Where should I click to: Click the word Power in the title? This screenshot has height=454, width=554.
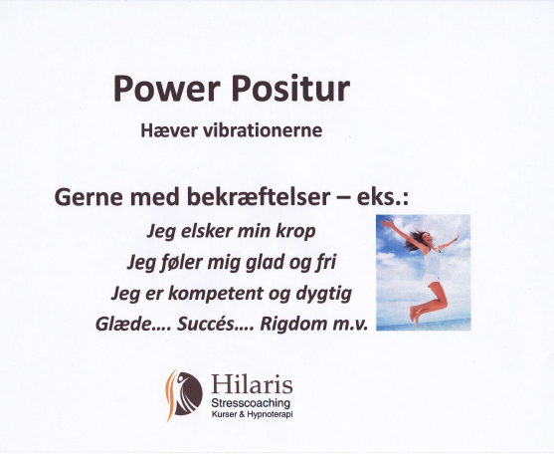tap(167, 88)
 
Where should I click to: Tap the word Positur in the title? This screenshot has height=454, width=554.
tap(290, 88)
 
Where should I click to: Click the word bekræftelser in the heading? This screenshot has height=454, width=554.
tap(259, 197)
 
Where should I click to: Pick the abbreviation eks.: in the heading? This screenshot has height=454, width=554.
tap(383, 197)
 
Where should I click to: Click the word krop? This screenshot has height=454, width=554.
tap(295, 232)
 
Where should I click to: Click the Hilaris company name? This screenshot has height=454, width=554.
tap(252, 384)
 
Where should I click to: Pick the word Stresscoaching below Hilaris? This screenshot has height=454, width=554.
tap(251, 403)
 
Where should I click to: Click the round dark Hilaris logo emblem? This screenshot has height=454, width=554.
tap(187, 393)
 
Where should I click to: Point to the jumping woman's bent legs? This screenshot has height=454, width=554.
tap(430, 303)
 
